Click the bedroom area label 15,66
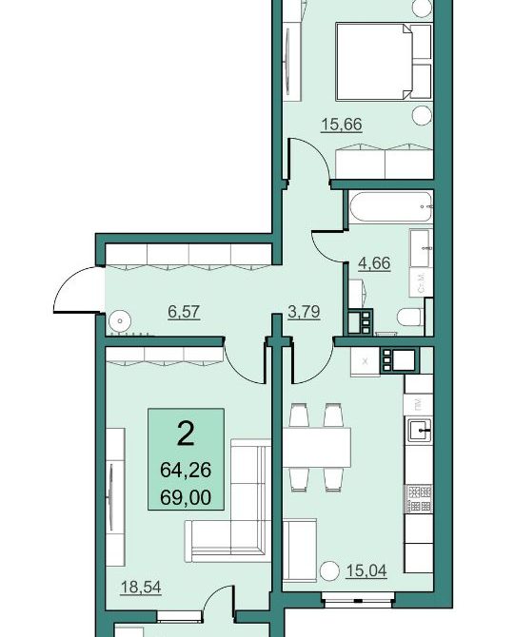pyautogui.click(x=342, y=125)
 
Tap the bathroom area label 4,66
pyautogui.click(x=374, y=263)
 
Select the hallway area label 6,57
pyautogui.click(x=184, y=312)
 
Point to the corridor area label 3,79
pyautogui.click(x=304, y=312)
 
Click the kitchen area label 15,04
pyautogui.click(x=366, y=570)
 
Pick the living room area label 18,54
pyautogui.click(x=141, y=587)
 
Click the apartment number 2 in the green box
pyautogui.click(x=186, y=434)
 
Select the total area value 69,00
pyautogui.click(x=186, y=497)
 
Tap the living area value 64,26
pyautogui.click(x=186, y=471)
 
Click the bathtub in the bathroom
pyautogui.click(x=390, y=206)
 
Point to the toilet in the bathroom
pyautogui.click(x=410, y=317)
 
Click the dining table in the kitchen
pyautogui.click(x=317, y=448)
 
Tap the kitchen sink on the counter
pyautogui.click(x=421, y=430)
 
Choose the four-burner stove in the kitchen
pyautogui.click(x=419, y=499)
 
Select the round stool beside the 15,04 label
pyautogui.click(x=329, y=571)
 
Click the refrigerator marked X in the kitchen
pyautogui.click(x=365, y=361)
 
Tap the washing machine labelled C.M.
pyautogui.click(x=422, y=282)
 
